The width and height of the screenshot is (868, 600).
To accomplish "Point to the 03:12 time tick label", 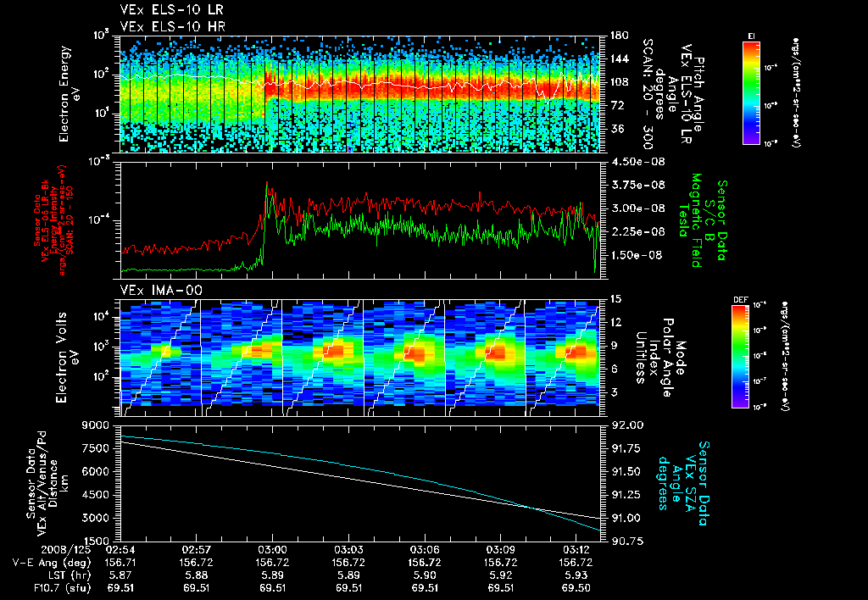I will [x=577, y=549].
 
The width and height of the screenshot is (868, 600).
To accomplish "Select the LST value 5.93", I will [x=577, y=574].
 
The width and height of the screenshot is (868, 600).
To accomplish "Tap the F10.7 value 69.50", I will [x=577, y=586].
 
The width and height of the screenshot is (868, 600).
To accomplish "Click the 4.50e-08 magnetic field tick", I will [x=627, y=161].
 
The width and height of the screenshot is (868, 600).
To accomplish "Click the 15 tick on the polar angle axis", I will [x=612, y=299].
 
